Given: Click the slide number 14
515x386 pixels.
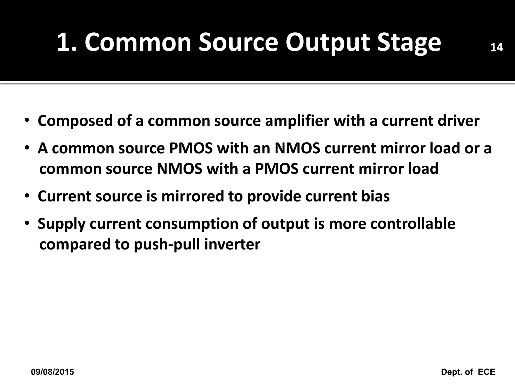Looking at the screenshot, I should click(496, 47).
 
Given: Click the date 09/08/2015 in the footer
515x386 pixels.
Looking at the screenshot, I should click(53, 372).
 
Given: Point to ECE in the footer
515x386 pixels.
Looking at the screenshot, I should click(486, 372).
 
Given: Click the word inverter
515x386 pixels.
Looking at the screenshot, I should click(232, 244).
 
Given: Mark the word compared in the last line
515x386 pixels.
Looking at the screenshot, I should click(75, 244).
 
